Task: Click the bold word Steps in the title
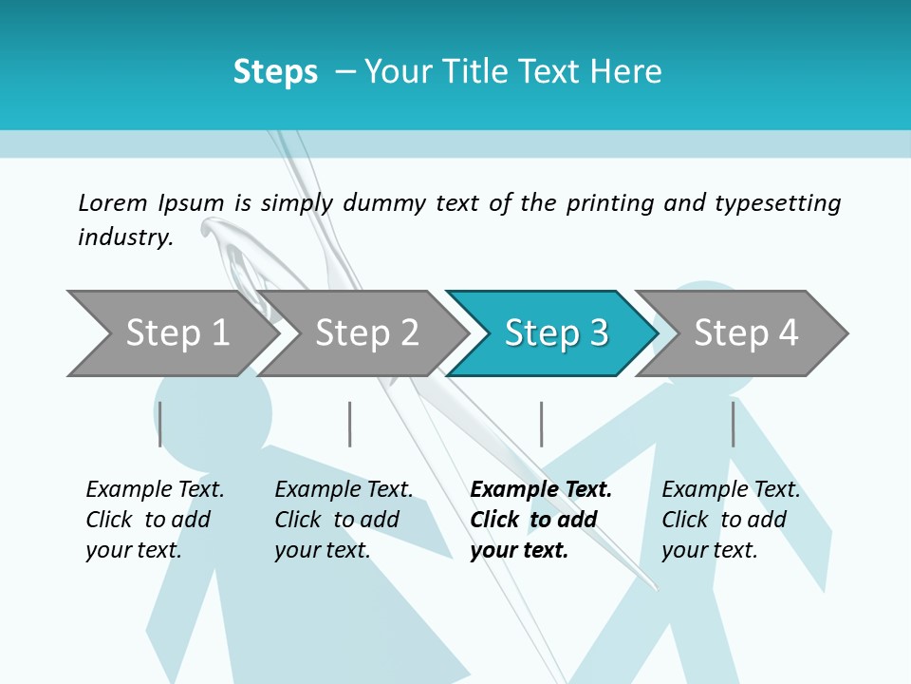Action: pyautogui.click(x=275, y=72)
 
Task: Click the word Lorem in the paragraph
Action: pyautogui.click(x=113, y=202)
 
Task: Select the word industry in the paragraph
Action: pyautogui.click(x=124, y=237)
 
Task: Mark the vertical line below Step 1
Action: pyautogui.click(x=160, y=424)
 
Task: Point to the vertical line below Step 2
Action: pyautogui.click(x=350, y=424)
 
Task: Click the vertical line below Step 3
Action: pyautogui.click(x=542, y=424)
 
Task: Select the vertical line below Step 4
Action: pyautogui.click(x=734, y=424)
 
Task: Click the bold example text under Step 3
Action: pyautogui.click(x=540, y=520)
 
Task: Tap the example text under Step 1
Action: pyautogui.click(x=155, y=520)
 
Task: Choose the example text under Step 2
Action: pyautogui.click(x=344, y=520)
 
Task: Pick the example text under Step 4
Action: pyautogui.click(x=731, y=520)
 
